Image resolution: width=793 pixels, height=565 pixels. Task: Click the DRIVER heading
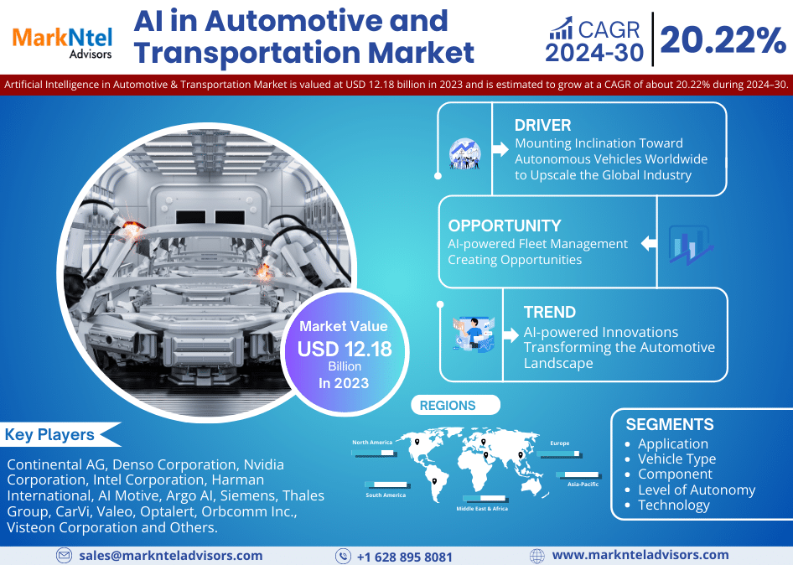coord(542,126)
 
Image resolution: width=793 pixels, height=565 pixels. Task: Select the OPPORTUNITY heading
coord(504,225)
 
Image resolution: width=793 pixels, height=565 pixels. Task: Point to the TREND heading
coord(549,312)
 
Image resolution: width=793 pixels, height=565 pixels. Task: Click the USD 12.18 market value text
coord(345,349)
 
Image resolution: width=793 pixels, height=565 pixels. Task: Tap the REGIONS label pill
coord(448,406)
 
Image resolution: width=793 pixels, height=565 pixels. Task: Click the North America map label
coord(371,442)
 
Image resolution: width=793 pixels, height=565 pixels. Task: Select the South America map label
coord(386,495)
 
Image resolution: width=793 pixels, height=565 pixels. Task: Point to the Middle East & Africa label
coord(482,509)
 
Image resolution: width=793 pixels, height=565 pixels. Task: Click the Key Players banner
coord(50,435)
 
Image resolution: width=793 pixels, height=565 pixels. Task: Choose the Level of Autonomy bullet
coord(697,490)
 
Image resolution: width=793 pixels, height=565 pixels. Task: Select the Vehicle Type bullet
coord(676,459)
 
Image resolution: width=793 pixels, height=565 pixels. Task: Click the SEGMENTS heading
coord(670,424)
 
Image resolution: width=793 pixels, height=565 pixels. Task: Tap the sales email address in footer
coord(171,555)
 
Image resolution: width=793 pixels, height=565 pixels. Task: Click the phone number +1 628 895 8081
coord(404,557)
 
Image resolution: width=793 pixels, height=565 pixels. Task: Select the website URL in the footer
coord(640,555)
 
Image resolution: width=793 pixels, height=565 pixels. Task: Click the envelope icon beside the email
coord(65,556)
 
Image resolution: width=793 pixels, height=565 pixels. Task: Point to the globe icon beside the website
coord(537,556)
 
